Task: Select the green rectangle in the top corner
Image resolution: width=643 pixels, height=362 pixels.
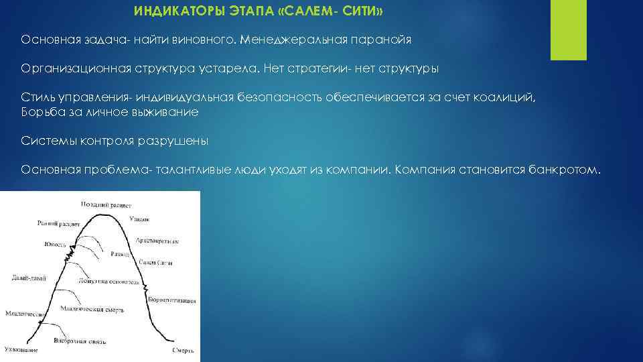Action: point(568,30)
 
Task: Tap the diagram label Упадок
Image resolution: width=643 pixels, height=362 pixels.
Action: point(140,219)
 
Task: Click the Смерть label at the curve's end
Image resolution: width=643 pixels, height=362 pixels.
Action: point(183,350)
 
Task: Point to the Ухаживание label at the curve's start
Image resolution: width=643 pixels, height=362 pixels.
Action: point(20,350)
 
